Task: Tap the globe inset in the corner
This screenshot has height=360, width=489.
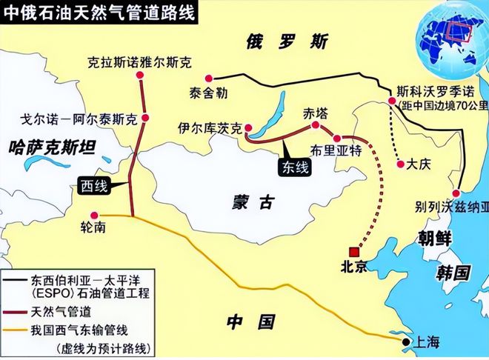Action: (x=452, y=37)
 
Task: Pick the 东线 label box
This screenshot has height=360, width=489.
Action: (x=296, y=167)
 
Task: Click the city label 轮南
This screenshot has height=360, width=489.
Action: (x=96, y=227)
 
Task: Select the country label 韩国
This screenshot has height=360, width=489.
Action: (x=451, y=272)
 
